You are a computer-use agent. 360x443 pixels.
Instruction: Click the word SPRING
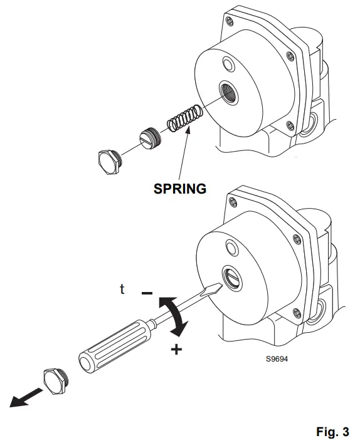180,188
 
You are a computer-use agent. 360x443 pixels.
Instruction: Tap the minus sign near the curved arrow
146,293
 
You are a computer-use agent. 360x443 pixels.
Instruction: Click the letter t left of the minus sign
123,289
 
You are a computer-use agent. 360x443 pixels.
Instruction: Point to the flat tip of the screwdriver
215,290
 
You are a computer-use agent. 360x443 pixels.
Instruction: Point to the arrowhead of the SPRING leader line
188,128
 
